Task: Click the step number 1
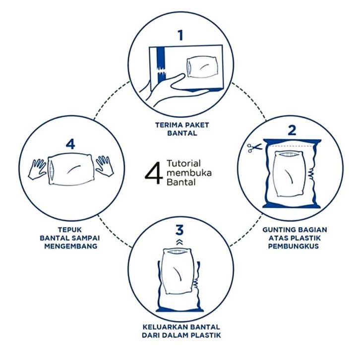coord(180,36)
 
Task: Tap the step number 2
coord(292,130)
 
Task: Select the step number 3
coord(180,230)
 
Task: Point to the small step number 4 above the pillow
coord(70,145)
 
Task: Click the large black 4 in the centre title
coord(154,173)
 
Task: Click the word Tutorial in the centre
coord(183,164)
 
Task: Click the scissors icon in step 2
coord(254,148)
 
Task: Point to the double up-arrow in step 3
coord(180,242)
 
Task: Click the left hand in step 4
coord(37,169)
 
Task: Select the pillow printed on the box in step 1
coord(202,67)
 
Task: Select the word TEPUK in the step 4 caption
coord(70,230)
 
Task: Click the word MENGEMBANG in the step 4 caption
coord(71,246)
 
